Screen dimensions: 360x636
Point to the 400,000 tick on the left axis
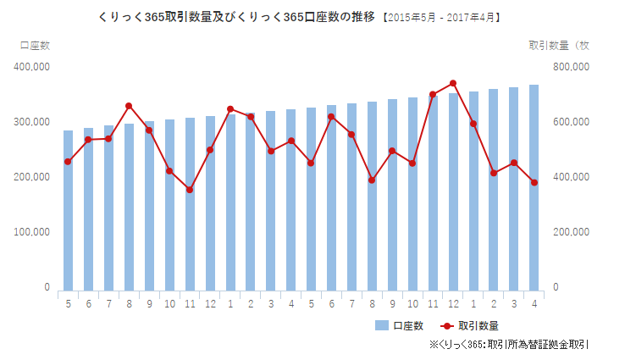(31, 66)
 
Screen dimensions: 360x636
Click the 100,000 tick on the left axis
(31, 232)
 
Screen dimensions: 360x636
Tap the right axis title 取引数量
(558, 44)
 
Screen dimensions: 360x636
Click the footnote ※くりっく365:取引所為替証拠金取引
(508, 345)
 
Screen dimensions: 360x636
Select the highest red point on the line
(453, 83)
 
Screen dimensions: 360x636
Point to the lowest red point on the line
(190, 190)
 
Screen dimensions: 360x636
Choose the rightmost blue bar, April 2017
(534, 186)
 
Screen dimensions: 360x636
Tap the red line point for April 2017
(534, 182)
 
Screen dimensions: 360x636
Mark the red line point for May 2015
(68, 162)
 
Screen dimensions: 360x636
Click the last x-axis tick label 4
(534, 304)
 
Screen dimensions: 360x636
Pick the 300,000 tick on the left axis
(31, 122)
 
